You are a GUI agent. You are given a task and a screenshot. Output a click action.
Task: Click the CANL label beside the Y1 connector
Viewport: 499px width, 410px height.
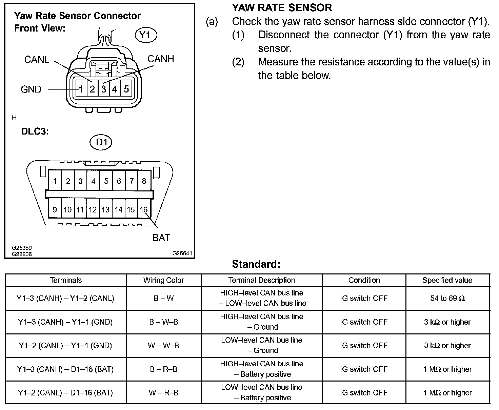[x=37, y=60]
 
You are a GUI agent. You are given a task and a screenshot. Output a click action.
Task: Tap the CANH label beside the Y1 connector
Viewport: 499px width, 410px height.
[x=161, y=59]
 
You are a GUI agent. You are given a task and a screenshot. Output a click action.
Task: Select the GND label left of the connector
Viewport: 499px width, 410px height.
[x=31, y=89]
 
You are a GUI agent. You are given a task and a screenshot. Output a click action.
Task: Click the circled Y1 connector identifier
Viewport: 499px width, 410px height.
[x=146, y=35]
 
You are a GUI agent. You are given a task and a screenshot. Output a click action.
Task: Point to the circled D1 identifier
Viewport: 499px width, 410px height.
[x=101, y=142]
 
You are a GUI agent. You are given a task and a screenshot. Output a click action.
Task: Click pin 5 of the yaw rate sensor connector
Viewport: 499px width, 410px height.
[x=126, y=89]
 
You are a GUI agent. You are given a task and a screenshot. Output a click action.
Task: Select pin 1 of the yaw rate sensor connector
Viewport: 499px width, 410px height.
[x=81, y=89]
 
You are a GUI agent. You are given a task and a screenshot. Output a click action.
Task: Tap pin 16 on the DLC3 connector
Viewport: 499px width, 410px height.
[x=144, y=210]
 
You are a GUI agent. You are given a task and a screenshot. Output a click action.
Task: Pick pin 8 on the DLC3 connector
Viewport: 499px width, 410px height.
[x=144, y=181]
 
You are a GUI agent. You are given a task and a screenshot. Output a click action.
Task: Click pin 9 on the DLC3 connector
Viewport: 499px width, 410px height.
[x=55, y=210]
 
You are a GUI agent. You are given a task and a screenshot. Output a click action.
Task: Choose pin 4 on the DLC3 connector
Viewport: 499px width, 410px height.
[x=93, y=181]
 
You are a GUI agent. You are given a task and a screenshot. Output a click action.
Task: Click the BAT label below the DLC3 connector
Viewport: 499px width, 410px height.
[x=161, y=238]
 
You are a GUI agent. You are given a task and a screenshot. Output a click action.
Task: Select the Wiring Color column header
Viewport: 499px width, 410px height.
[x=163, y=281]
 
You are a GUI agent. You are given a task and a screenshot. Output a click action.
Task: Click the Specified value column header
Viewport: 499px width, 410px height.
[x=447, y=281]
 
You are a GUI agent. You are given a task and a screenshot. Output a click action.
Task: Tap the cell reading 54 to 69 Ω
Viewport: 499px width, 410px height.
[x=447, y=299]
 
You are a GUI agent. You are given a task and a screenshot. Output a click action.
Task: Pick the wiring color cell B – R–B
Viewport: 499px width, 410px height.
[x=163, y=369]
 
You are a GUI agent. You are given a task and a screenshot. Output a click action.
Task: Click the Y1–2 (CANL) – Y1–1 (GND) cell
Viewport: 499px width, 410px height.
[x=65, y=346]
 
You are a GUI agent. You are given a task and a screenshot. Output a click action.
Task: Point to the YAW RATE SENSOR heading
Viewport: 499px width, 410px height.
[x=282, y=8]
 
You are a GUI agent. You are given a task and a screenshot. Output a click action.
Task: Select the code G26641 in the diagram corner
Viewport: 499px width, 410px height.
[x=182, y=253]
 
